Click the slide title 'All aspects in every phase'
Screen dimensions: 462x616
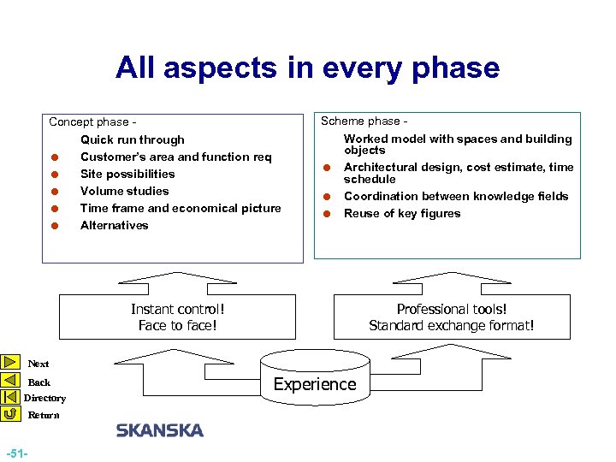coord(307,68)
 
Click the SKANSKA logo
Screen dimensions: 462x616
coord(160,430)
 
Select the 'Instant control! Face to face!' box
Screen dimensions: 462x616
coord(177,317)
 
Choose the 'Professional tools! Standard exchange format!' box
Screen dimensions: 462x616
coord(451,317)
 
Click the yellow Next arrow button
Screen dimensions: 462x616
coord(10,363)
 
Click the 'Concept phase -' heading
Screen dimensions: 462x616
coord(93,122)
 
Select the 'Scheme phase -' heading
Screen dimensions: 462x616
coord(364,121)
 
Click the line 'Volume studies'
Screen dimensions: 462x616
coord(124,191)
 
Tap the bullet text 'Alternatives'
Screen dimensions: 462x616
coord(114,225)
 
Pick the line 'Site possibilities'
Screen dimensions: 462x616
coord(127,174)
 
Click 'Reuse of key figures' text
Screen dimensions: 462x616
coord(402,213)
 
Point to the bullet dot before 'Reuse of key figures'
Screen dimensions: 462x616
coord(326,214)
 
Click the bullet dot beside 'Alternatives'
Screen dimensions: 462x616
coord(54,226)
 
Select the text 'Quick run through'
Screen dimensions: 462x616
coord(132,139)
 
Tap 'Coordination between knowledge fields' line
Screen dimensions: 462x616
coord(456,196)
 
